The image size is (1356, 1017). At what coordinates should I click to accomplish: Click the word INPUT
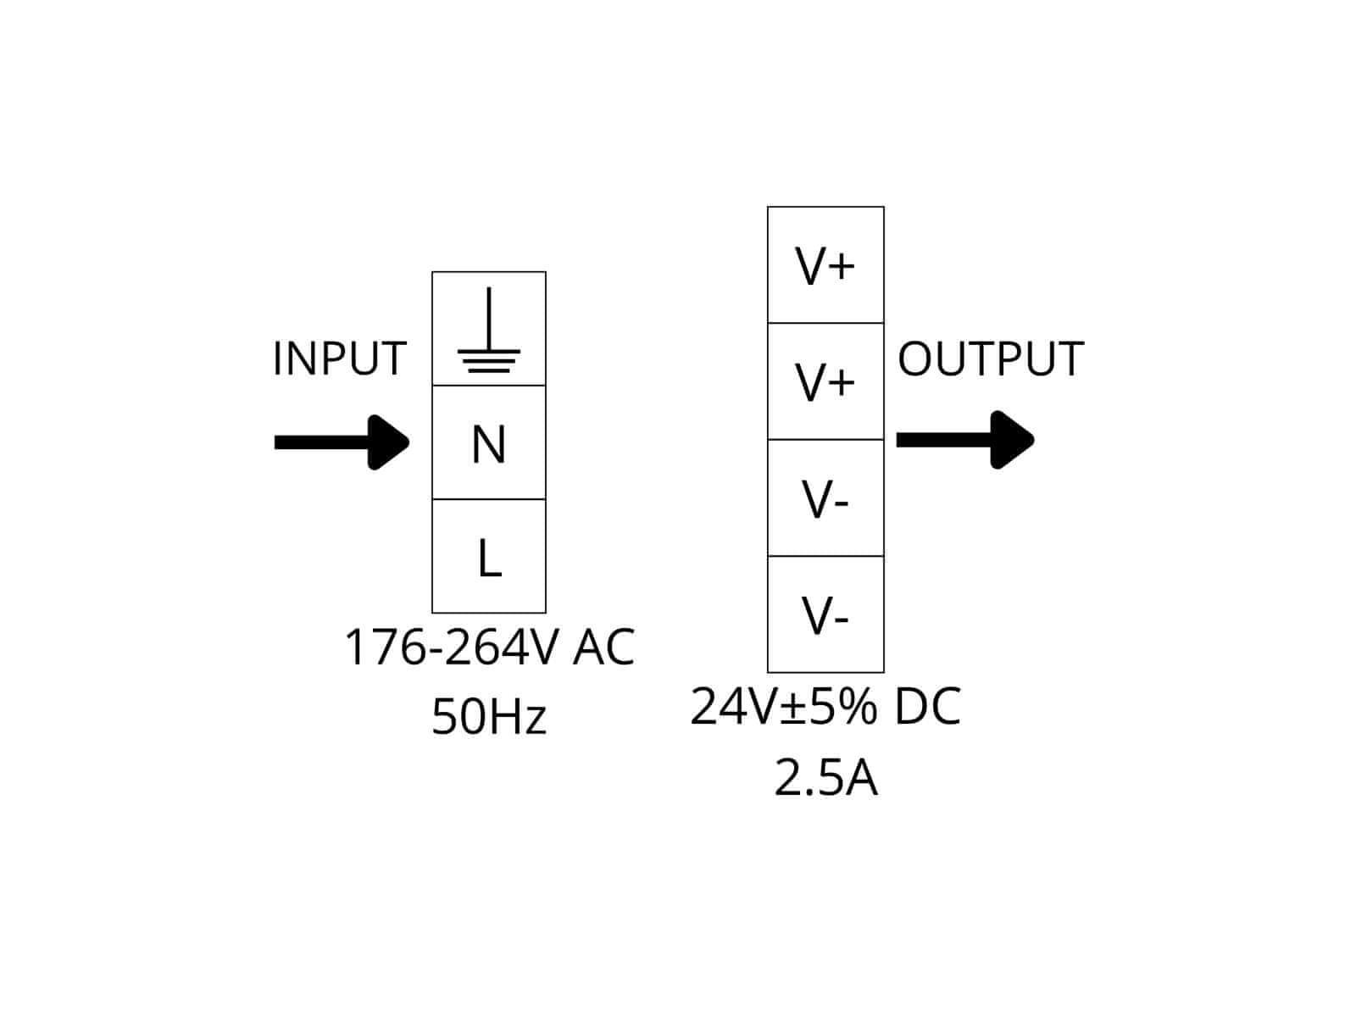pyautogui.click(x=339, y=358)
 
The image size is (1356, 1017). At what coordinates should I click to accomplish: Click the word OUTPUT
pyautogui.click(x=990, y=358)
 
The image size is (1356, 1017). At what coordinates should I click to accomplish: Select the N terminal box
pyautogui.click(x=488, y=443)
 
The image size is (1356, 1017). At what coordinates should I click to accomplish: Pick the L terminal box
pyautogui.click(x=488, y=557)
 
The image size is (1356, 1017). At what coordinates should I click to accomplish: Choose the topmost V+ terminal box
pyautogui.click(x=825, y=265)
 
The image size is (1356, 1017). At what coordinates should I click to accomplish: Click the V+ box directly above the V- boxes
pyautogui.click(x=825, y=381)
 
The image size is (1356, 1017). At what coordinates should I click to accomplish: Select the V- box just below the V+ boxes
pyautogui.click(x=825, y=498)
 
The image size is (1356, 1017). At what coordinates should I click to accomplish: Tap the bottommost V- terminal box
pyautogui.click(x=825, y=614)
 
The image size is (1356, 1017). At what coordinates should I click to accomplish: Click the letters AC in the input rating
pyautogui.click(x=603, y=647)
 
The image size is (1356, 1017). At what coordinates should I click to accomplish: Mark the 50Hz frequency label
pyautogui.click(x=489, y=716)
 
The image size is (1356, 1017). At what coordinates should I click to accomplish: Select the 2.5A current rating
pyautogui.click(x=825, y=778)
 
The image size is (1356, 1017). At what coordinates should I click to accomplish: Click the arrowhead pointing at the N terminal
pyautogui.click(x=389, y=442)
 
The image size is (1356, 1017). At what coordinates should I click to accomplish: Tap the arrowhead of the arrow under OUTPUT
pyautogui.click(x=1012, y=439)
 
